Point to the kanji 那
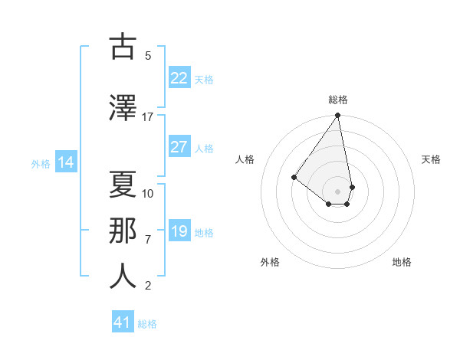tap(123, 230)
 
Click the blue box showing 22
tap(179, 78)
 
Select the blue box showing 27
tap(179, 147)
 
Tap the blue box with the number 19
tap(179, 231)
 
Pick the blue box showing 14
tap(66, 162)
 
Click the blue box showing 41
tap(123, 322)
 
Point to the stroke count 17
tap(147, 117)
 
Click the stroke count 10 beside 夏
tap(148, 193)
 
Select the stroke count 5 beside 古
tap(148, 56)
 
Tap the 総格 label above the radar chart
tap(338, 100)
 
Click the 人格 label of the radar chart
tap(245, 159)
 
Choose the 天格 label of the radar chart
tap(431, 159)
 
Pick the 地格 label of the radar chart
tap(402, 262)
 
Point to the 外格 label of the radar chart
tap(270, 262)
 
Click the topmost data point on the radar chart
tap(337, 116)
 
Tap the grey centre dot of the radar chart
tap(337, 191)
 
